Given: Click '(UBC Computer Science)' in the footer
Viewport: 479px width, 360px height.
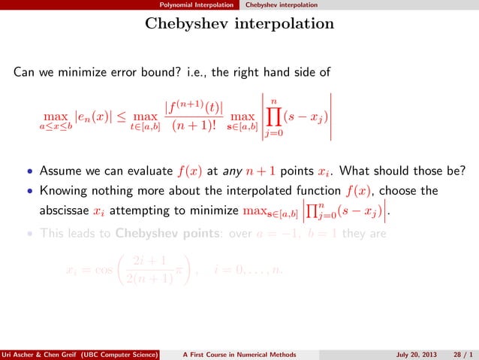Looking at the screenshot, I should point(116,354).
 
